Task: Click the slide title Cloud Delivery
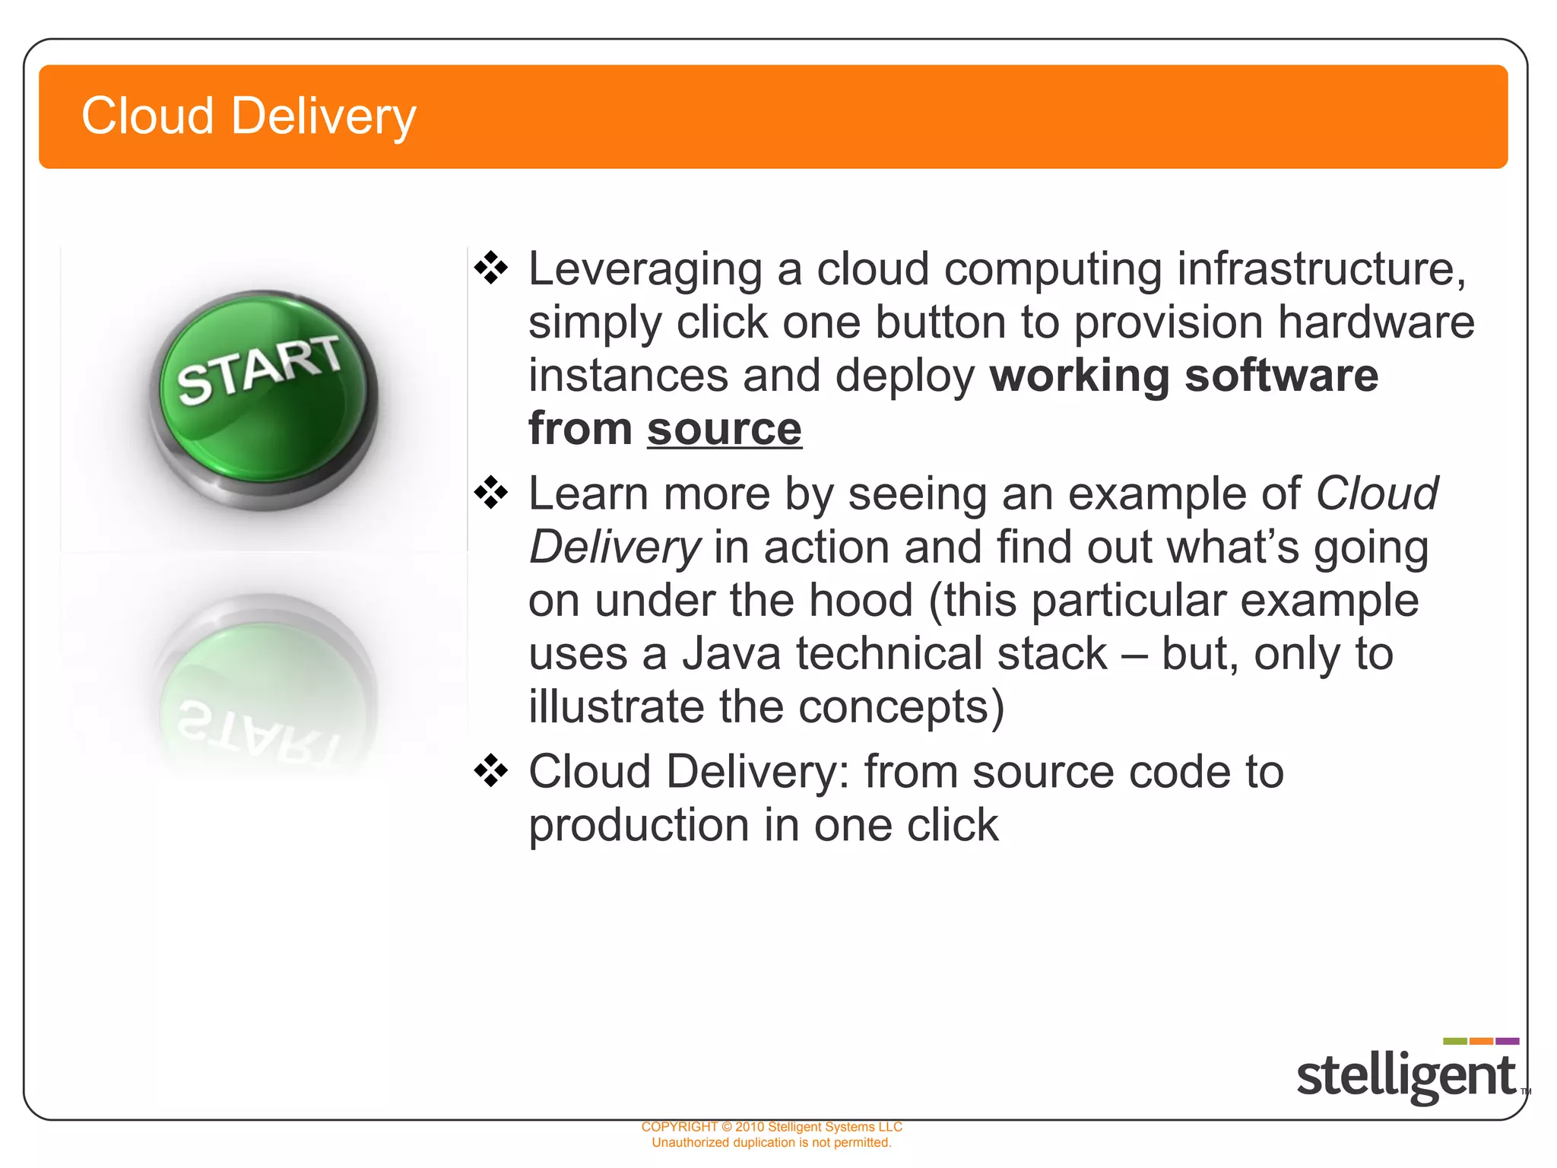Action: (249, 116)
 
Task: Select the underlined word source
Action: (724, 429)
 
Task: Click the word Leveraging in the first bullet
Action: (645, 269)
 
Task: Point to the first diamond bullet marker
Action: (491, 268)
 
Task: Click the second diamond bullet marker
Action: (491, 493)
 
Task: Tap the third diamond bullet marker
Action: (491, 771)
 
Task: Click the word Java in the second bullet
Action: (731, 654)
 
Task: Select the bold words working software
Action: (1184, 376)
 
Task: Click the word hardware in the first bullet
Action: (1376, 322)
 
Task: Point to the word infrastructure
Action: (1321, 269)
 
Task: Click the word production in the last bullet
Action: (639, 826)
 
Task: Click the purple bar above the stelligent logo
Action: (1507, 1041)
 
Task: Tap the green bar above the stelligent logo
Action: (1454, 1041)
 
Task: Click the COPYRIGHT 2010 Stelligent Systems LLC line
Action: (771, 1127)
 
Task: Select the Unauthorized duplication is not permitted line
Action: (771, 1143)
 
